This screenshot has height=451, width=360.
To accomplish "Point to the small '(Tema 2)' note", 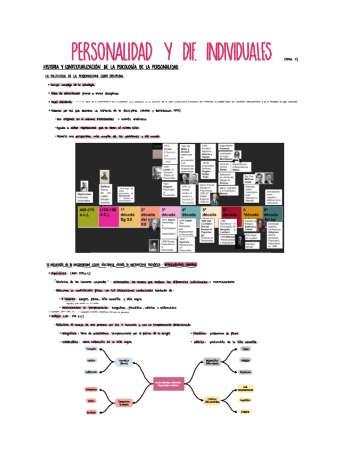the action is point(291,59).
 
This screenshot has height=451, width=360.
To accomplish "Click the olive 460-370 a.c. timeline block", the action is point(87,216).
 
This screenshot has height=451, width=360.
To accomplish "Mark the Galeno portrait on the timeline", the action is point(104,177).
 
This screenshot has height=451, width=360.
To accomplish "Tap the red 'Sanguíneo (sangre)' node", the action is point(124,403).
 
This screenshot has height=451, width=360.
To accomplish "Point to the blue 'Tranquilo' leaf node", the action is point(91,349).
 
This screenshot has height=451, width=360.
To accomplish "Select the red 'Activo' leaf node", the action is point(91,401).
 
